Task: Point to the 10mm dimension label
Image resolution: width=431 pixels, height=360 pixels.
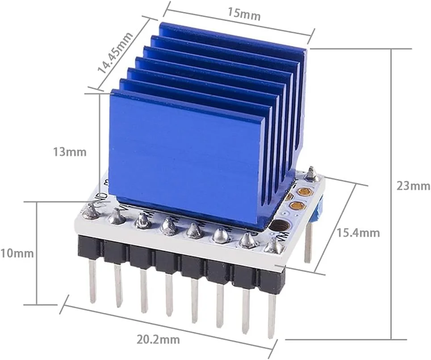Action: pos(17,253)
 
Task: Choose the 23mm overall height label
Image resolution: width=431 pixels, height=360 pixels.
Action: pos(413,186)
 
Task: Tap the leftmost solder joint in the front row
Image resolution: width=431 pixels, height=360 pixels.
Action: pos(91,211)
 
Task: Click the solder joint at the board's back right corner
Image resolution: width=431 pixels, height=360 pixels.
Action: pos(311,174)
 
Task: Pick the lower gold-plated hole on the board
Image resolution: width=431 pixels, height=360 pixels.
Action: pos(296,206)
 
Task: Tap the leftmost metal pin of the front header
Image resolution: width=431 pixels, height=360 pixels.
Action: pos(92,281)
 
